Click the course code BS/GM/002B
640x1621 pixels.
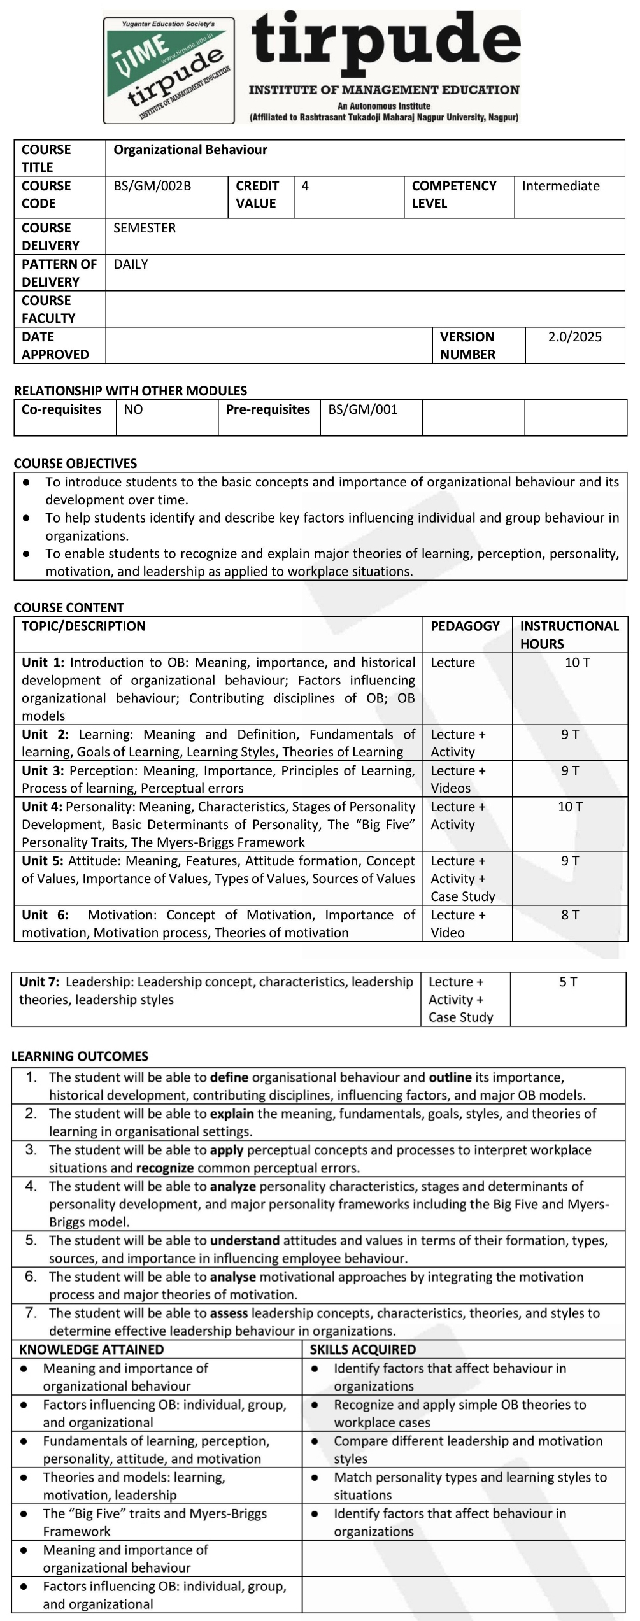pos(152,186)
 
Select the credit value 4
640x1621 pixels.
pos(305,186)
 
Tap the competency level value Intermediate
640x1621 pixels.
pos(560,186)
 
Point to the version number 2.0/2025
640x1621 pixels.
pos(574,337)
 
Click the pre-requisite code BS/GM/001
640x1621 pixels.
pos(363,409)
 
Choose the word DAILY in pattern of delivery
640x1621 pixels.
pos(131,264)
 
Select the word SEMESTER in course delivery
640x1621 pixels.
pos(145,228)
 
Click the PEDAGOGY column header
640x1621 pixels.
pos(465,626)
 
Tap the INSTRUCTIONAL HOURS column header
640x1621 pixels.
pos(569,635)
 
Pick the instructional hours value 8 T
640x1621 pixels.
pos(570,915)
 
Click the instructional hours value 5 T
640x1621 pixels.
pos(568,982)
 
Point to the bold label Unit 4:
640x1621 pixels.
pos(42,807)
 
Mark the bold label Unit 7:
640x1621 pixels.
pos(40,982)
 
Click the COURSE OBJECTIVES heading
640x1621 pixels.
pos(75,464)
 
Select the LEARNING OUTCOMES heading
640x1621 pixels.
pos(80,1056)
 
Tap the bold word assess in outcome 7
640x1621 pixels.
pos(229,1313)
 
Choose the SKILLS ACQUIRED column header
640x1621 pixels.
pos(362,1350)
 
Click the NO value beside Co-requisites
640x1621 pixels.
pos(133,409)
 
